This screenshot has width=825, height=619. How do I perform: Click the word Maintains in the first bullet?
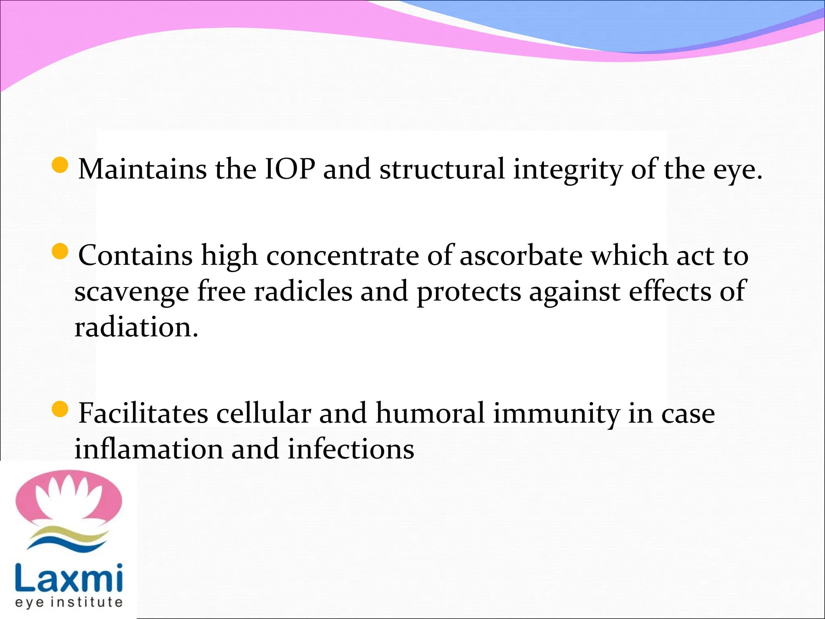click(x=142, y=169)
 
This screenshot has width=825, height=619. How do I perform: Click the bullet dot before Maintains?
click(x=60, y=165)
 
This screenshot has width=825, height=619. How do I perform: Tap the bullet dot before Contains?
click(x=60, y=252)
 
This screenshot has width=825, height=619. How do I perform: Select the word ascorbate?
click(x=521, y=256)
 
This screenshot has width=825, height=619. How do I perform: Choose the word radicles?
click(x=303, y=291)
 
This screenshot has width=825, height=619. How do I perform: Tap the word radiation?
click(x=136, y=327)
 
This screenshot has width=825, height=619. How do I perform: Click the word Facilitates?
click(x=143, y=413)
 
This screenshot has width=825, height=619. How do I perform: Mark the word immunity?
click(x=556, y=414)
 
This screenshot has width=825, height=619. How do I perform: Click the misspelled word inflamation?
click(x=149, y=449)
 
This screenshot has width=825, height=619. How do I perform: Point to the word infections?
click(x=350, y=449)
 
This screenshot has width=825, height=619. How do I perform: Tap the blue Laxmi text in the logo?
click(x=68, y=577)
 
